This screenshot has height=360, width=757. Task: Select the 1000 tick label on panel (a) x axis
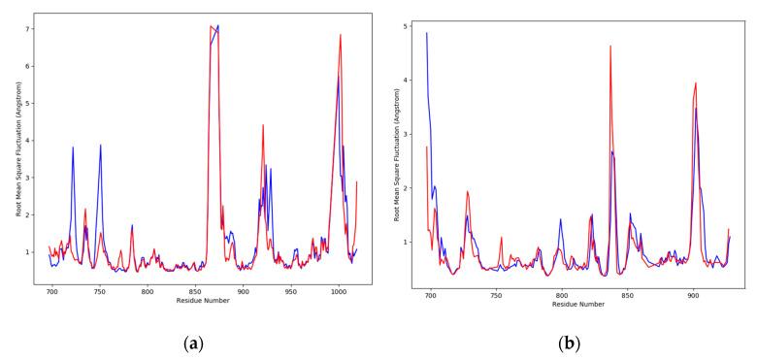(x=339, y=291)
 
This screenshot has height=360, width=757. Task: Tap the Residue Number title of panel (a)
(x=202, y=302)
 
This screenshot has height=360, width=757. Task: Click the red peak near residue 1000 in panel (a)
(x=341, y=35)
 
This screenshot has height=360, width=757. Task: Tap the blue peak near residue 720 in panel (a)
(x=73, y=147)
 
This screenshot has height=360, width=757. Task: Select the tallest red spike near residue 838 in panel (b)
(x=610, y=46)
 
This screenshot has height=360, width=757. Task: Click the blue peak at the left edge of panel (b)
(x=427, y=33)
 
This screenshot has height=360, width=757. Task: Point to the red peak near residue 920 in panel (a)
(x=263, y=125)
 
